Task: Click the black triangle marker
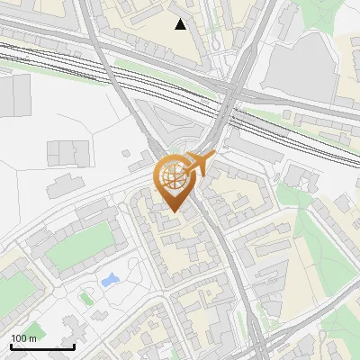(x=181, y=24)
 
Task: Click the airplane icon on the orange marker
(x=202, y=163)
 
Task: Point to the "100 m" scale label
(x=24, y=338)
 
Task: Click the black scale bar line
(x=42, y=346)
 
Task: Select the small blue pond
(x=112, y=280)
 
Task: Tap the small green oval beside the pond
(x=86, y=294)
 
